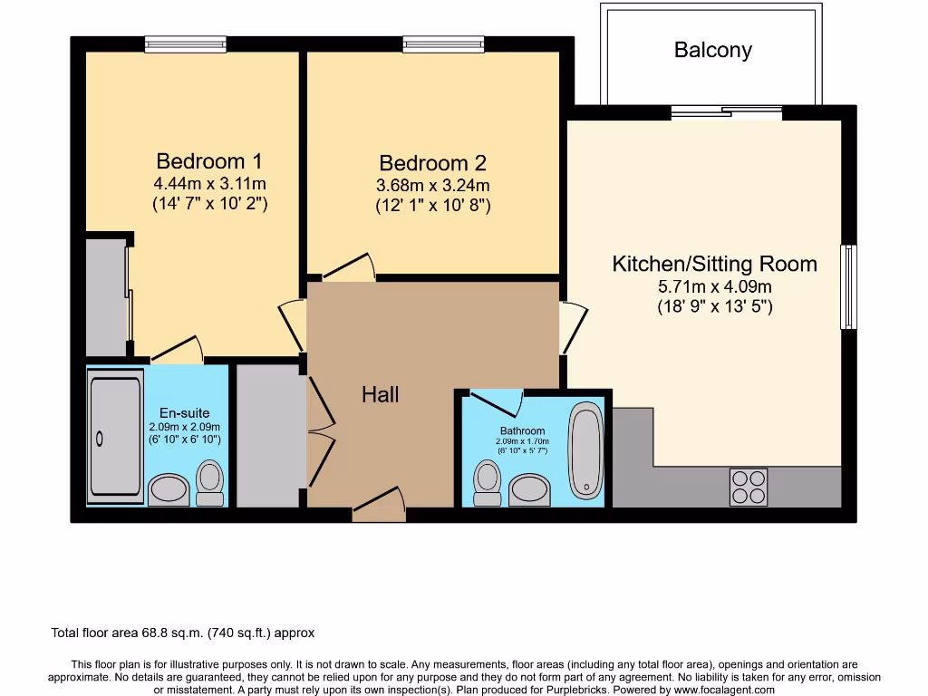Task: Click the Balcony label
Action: pos(712,50)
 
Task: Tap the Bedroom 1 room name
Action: pos(209,161)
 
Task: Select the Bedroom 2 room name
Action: pos(432,163)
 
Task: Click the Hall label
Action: pos(380,394)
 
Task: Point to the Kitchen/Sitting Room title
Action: pos(714,264)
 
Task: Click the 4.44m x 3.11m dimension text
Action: pos(209,184)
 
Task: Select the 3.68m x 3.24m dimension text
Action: pos(432,186)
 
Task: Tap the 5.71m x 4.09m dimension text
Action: pos(714,287)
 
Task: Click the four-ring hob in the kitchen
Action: pos(749,487)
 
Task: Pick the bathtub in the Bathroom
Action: pos(586,450)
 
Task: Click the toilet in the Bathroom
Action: pos(488,484)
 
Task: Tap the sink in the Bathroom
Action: pos(529,490)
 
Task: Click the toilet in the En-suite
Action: pos(210,483)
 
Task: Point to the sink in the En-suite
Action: pos(169,489)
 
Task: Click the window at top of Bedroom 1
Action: pos(185,43)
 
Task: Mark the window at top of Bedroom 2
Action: pos(443,43)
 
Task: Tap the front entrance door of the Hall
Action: pos(378,506)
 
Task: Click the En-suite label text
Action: pos(184,413)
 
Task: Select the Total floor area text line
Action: pos(182,633)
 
